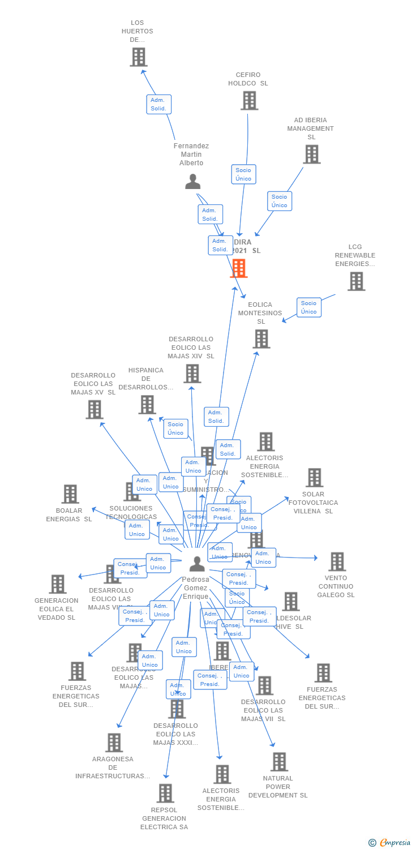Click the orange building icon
tap(239, 269)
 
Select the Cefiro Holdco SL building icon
tap(249, 101)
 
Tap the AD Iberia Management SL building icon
tap(311, 154)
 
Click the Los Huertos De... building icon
tap(138, 57)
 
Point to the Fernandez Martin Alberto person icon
tap(193, 182)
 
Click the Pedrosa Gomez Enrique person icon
tap(197, 564)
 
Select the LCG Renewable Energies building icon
tap(356, 281)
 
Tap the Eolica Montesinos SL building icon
tap(261, 339)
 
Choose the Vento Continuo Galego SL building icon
tap(337, 561)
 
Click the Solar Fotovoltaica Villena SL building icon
tap(314, 478)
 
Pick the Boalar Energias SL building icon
tap(70, 494)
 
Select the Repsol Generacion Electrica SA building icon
tap(165, 794)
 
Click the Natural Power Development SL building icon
tap(278, 762)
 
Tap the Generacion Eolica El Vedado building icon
tap(58, 584)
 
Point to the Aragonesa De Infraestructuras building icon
tap(114, 743)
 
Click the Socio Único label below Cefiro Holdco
tap(243, 174)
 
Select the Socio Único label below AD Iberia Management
tap(280, 201)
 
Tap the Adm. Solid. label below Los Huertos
tap(158, 104)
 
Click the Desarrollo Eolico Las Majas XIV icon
tap(192, 374)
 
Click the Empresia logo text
tap(394, 843)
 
